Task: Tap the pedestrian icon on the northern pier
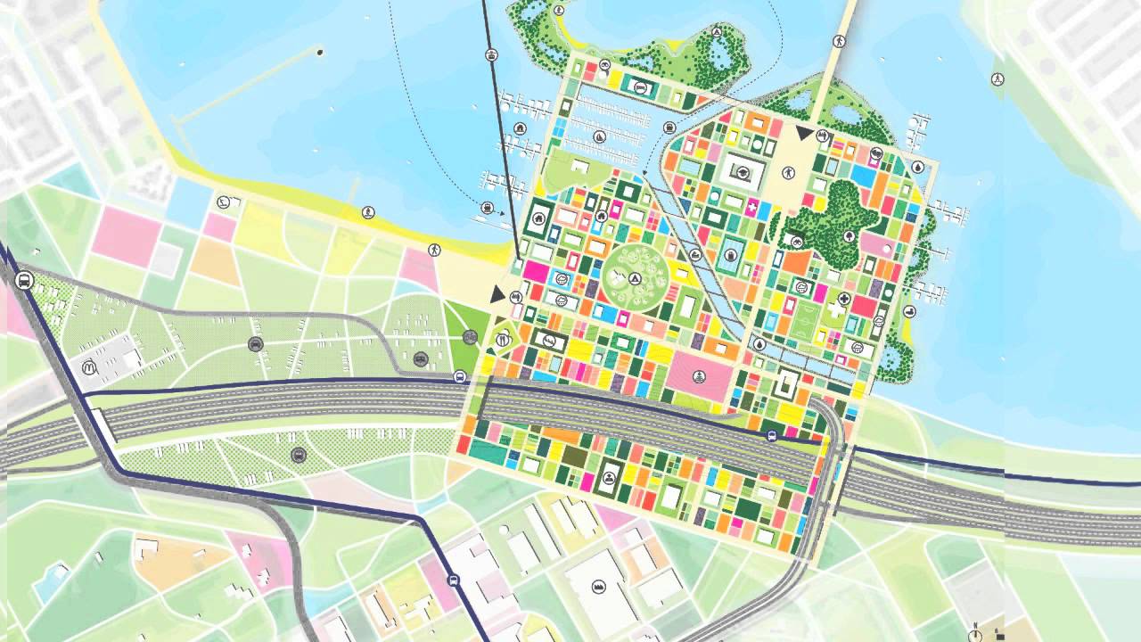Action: pos(839,41)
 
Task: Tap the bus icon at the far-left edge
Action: pos(24,280)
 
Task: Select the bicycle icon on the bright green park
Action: pos(470,336)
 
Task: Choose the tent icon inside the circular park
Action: pos(634,278)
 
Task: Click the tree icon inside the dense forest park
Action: pos(849,235)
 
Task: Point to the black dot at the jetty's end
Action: pos(320,53)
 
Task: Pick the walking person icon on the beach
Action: pos(434,250)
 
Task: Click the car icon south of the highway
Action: pos(297,455)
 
